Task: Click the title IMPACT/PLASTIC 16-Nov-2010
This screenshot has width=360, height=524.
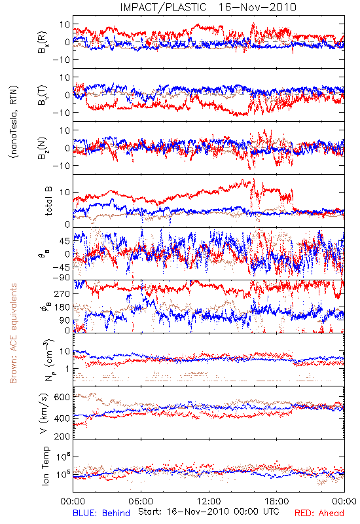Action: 208,7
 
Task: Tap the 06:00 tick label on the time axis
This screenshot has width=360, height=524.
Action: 141,501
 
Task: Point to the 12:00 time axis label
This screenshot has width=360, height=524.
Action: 209,501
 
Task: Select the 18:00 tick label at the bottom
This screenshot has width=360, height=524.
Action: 277,501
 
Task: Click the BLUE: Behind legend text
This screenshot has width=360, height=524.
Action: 101,513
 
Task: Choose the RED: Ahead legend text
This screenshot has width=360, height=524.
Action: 319,513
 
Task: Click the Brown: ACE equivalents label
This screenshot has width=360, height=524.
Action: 13,333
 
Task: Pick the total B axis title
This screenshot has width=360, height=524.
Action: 48,201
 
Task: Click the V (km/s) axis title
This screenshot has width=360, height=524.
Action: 44,413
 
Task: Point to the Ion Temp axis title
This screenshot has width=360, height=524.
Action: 45,466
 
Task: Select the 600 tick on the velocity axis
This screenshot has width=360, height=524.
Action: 62,397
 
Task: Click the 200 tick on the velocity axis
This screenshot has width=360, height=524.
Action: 62,436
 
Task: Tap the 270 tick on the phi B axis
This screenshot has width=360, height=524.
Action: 62,293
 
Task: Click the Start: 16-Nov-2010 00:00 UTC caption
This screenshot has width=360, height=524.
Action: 209,512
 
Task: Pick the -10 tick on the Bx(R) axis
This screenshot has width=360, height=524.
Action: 61,60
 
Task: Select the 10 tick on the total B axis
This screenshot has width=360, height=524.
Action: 65,193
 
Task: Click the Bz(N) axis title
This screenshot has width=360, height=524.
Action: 42,148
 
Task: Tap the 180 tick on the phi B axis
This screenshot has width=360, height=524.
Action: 62,307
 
